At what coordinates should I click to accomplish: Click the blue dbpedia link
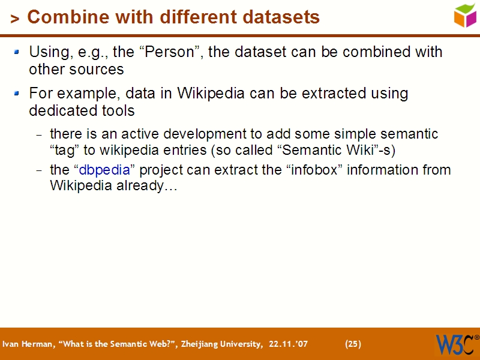(x=104, y=170)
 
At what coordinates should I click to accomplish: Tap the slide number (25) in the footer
(x=353, y=344)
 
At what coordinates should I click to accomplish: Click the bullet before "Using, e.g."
(x=17, y=52)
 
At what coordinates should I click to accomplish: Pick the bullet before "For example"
(x=17, y=94)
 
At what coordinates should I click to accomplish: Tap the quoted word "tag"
(x=64, y=149)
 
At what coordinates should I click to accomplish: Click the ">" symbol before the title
(x=15, y=19)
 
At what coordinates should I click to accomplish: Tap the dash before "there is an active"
(x=40, y=134)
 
